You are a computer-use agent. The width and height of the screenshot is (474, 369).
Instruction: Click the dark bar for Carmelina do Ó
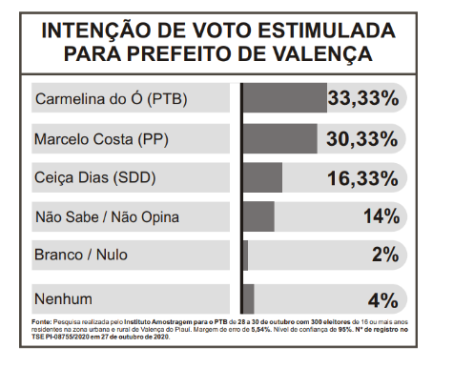[285, 97]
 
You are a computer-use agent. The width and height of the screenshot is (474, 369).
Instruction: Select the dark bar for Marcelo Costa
[280, 138]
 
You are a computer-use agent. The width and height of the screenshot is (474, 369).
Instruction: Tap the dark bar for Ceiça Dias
[262, 177]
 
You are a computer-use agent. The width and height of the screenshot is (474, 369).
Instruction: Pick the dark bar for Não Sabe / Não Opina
[258, 216]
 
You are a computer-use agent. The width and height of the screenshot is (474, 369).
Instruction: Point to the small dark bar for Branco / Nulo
[245, 256]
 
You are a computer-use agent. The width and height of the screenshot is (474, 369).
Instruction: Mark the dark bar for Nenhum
[248, 298]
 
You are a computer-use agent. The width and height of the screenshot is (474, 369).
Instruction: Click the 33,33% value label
[363, 98]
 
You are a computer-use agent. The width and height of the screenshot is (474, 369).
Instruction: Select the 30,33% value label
[362, 139]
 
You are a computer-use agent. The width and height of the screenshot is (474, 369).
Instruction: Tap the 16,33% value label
[362, 178]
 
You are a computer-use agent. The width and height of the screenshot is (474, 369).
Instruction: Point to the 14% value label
[381, 216]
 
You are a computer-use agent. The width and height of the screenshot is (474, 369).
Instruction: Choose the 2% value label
[385, 255]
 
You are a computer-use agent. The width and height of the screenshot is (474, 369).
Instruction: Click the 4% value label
[383, 300]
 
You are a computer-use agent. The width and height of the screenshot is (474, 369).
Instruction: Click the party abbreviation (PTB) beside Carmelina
[167, 99]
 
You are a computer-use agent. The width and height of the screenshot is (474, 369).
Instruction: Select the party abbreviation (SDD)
[134, 177]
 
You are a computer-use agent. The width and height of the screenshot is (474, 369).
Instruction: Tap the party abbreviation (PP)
[153, 139]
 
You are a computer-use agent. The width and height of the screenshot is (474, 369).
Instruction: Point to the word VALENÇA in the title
[322, 54]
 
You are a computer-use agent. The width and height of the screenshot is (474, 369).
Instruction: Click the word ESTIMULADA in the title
[326, 31]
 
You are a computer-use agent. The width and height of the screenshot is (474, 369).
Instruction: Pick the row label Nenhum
[63, 299]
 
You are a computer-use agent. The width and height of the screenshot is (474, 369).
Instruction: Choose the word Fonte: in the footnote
[41, 322]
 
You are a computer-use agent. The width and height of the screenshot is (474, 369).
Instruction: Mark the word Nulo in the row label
[112, 255]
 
